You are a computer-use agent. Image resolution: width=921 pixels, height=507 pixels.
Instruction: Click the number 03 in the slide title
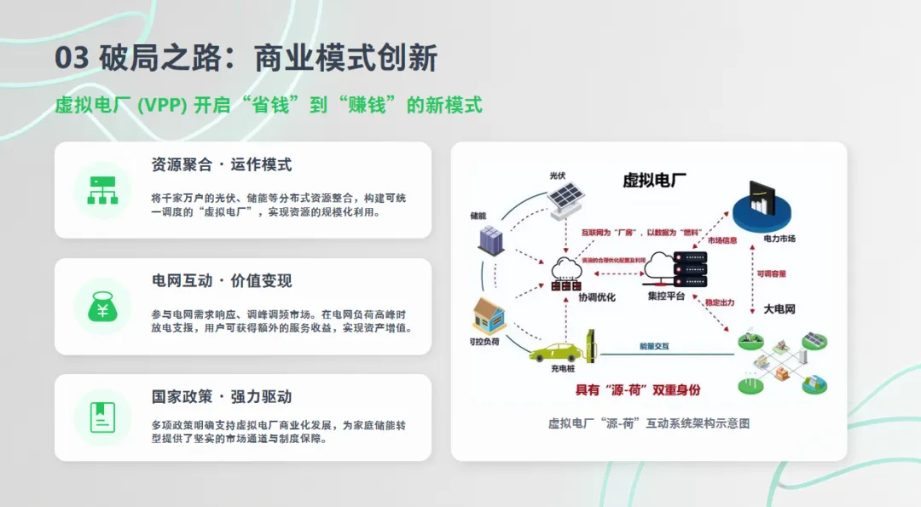pyautogui.click(x=72, y=58)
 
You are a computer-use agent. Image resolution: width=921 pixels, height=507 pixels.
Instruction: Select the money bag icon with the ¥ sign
pyautogui.click(x=102, y=307)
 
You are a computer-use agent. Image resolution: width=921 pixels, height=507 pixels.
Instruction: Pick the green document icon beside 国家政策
pyautogui.click(x=102, y=417)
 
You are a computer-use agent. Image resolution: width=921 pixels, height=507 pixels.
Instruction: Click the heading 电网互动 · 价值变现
pyautogui.click(x=222, y=280)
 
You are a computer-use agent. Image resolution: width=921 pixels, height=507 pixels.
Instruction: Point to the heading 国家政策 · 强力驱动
pyautogui.click(x=222, y=397)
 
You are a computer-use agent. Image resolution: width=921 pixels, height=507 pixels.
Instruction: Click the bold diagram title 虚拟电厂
pyautogui.click(x=655, y=180)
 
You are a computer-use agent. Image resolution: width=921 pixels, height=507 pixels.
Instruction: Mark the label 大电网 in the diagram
pyautogui.click(x=779, y=309)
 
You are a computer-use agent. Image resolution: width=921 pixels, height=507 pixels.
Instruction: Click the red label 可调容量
pyautogui.click(x=771, y=274)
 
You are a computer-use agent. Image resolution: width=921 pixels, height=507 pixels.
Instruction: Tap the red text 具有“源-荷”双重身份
pyautogui.click(x=637, y=389)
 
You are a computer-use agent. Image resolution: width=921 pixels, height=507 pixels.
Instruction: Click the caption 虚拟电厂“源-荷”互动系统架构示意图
pyautogui.click(x=648, y=423)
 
